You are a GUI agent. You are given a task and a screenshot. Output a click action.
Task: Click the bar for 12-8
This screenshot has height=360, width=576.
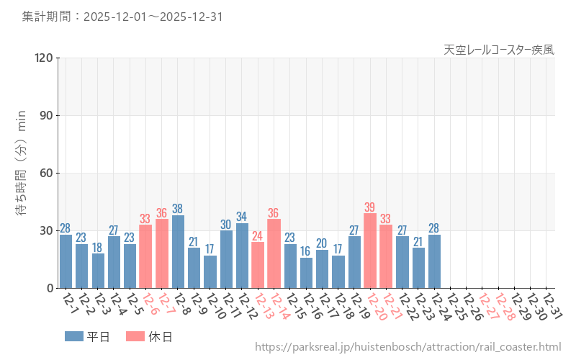[x=178, y=251]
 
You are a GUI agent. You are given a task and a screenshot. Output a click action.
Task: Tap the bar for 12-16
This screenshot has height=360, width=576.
[x=306, y=273]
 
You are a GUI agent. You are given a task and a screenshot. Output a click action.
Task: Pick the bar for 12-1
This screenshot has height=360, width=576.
[x=66, y=261]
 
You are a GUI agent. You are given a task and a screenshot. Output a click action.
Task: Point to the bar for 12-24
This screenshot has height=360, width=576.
[x=434, y=261]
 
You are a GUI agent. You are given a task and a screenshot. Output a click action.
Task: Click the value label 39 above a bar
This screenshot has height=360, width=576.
[x=370, y=207]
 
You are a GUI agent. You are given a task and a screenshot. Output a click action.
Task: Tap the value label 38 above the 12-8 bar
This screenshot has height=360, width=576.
[x=178, y=210]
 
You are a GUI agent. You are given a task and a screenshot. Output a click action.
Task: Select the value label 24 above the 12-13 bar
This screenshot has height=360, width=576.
[x=258, y=236]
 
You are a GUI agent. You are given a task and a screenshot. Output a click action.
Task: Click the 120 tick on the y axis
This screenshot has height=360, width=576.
[x=41, y=58]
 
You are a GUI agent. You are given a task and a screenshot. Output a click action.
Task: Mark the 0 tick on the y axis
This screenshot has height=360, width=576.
[x=50, y=288]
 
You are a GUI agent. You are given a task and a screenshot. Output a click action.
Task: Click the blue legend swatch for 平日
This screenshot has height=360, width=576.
[x=73, y=336]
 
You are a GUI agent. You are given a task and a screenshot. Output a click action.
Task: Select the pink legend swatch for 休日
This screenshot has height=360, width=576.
[x=135, y=336]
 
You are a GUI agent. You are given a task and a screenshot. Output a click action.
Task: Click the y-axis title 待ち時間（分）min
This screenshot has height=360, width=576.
[x=22, y=173]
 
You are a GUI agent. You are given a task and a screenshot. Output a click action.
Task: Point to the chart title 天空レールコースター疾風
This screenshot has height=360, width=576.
[x=498, y=50]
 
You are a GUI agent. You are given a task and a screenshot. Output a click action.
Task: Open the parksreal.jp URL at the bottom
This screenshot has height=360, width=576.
[x=408, y=347]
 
